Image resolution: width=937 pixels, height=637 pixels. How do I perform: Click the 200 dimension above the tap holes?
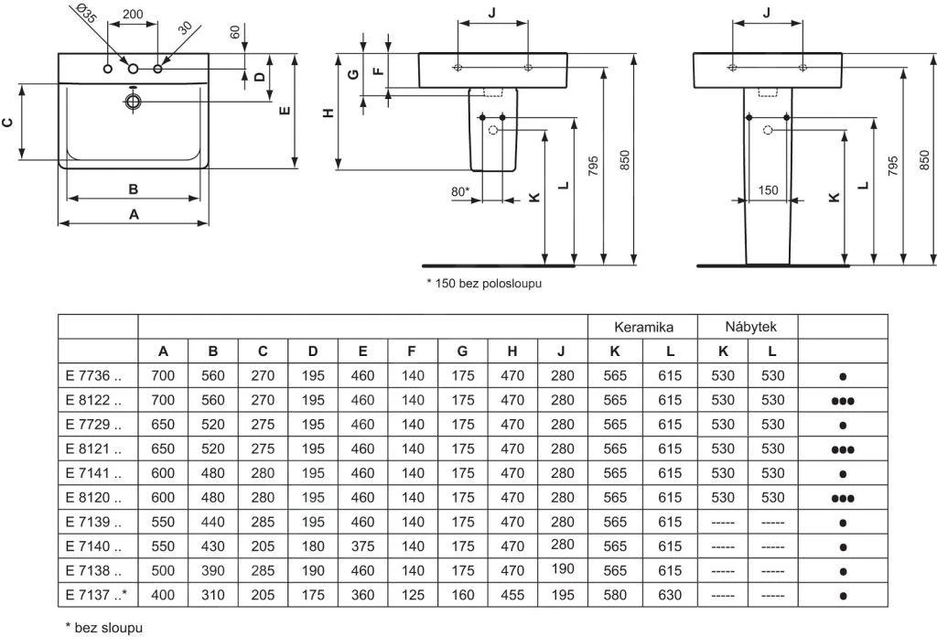[132, 15]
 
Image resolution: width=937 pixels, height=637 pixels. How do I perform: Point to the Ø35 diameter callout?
[85, 16]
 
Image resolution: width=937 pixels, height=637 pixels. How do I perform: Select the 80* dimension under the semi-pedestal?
[460, 191]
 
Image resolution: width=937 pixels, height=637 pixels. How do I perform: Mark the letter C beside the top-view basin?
[8, 122]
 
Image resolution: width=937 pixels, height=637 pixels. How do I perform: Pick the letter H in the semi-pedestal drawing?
[328, 112]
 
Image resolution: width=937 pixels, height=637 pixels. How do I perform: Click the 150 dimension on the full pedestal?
[768, 190]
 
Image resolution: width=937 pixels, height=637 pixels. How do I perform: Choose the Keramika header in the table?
[643, 327]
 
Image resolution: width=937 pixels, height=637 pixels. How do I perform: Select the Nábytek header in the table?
[749, 327]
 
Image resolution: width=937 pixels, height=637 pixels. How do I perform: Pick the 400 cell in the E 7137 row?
[163, 595]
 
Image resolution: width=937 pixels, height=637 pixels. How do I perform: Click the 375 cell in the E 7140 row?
[362, 545]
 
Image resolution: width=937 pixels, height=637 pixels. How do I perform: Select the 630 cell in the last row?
[670, 595]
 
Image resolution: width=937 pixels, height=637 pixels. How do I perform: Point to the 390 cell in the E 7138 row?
[212, 570]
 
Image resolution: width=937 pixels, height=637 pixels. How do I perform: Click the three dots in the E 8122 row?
[843, 400]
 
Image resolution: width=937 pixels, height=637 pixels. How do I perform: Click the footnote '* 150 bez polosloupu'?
[484, 284]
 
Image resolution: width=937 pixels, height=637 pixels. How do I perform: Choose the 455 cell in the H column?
[512, 595]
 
